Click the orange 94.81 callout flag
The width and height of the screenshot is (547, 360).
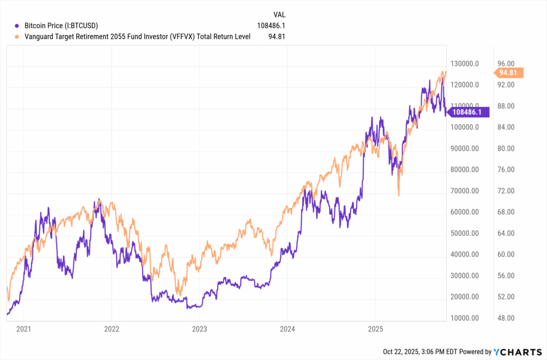coord(510,73)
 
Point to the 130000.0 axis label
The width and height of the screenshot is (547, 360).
coord(464,64)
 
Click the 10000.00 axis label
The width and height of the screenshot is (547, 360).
coord(464,318)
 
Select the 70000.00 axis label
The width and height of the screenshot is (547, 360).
coord(464,191)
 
